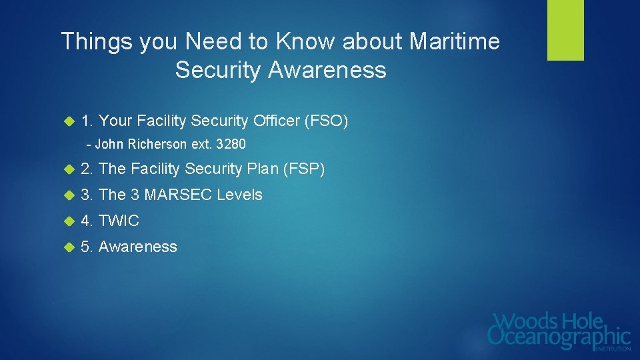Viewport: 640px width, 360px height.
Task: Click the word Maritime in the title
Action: (455, 42)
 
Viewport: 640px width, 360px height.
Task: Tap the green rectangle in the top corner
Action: (565, 30)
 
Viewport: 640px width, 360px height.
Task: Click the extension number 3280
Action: (231, 144)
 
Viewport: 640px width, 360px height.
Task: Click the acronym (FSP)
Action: (304, 169)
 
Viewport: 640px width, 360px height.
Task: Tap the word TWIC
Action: (119, 221)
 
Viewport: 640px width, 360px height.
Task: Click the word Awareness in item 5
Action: (138, 247)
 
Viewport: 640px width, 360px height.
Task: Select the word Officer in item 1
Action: (276, 121)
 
